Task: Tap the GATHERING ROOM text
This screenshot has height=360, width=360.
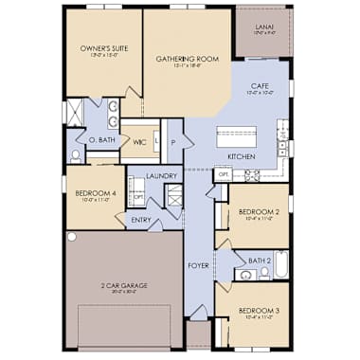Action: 188,59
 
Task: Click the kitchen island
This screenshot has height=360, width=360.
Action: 238,134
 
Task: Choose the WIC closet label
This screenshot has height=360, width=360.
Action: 138,143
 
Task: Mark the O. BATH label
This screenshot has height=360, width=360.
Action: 101,140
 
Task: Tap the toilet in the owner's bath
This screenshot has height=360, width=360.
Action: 76,155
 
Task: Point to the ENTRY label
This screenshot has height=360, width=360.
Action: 141,220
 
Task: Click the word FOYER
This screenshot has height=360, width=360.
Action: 198,266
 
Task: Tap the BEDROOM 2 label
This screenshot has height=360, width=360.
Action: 257,212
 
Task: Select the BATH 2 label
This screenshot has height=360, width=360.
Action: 260,259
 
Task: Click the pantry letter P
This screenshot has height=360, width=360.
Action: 173,143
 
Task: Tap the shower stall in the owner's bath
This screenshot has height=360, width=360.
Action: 73,113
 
